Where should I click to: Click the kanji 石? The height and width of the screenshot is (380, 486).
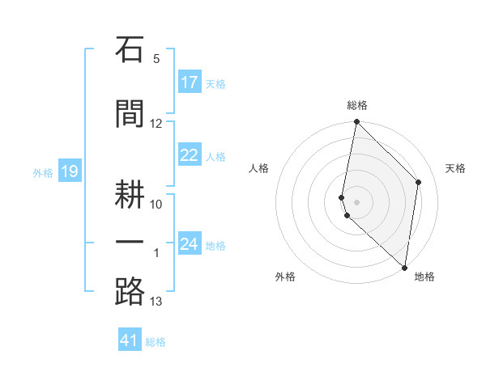(x=130, y=49)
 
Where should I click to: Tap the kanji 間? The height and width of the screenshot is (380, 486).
(x=130, y=114)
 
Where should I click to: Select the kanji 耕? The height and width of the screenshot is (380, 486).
(x=130, y=194)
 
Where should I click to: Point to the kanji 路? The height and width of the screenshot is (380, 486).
(x=130, y=292)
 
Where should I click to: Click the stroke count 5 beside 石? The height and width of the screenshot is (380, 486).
(x=156, y=59)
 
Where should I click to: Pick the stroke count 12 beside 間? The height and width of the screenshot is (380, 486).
(x=156, y=124)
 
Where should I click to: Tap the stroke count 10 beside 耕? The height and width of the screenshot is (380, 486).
(x=156, y=205)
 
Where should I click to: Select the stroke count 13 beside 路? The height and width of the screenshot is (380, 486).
(x=156, y=302)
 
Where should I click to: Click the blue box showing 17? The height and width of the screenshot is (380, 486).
(x=190, y=82)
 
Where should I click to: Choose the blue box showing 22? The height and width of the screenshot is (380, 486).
(x=190, y=154)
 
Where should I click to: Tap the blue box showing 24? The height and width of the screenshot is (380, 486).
(x=190, y=243)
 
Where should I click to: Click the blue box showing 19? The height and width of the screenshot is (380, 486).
(x=70, y=171)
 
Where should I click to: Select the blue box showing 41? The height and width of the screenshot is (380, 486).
(x=130, y=339)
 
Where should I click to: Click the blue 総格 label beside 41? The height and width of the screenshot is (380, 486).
(x=156, y=342)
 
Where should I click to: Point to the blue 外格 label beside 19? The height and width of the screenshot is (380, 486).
(x=43, y=173)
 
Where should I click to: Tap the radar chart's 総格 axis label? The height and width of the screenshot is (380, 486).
(x=357, y=105)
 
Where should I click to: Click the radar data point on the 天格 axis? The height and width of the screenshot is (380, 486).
(x=418, y=182)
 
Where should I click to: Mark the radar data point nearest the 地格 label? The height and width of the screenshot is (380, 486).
(x=404, y=268)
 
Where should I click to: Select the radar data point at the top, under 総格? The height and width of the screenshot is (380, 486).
(x=356, y=121)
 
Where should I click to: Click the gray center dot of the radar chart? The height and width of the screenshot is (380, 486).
(x=356, y=202)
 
